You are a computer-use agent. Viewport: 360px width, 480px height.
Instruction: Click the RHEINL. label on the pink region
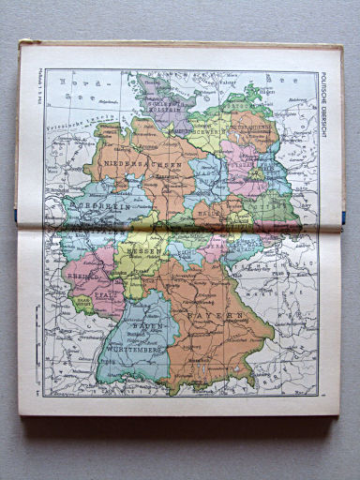pos(82,265)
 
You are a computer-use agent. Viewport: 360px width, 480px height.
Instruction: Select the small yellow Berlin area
pos(254,173)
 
